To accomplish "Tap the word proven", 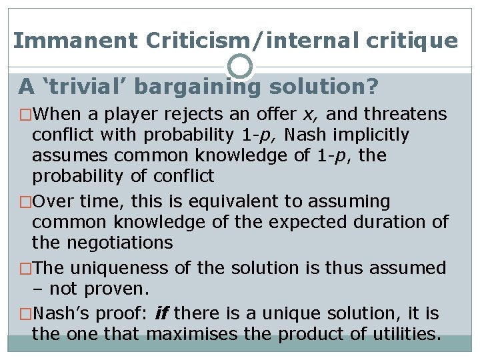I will (121, 289).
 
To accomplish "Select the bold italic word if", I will (161, 313).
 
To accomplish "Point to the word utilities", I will (403, 333).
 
